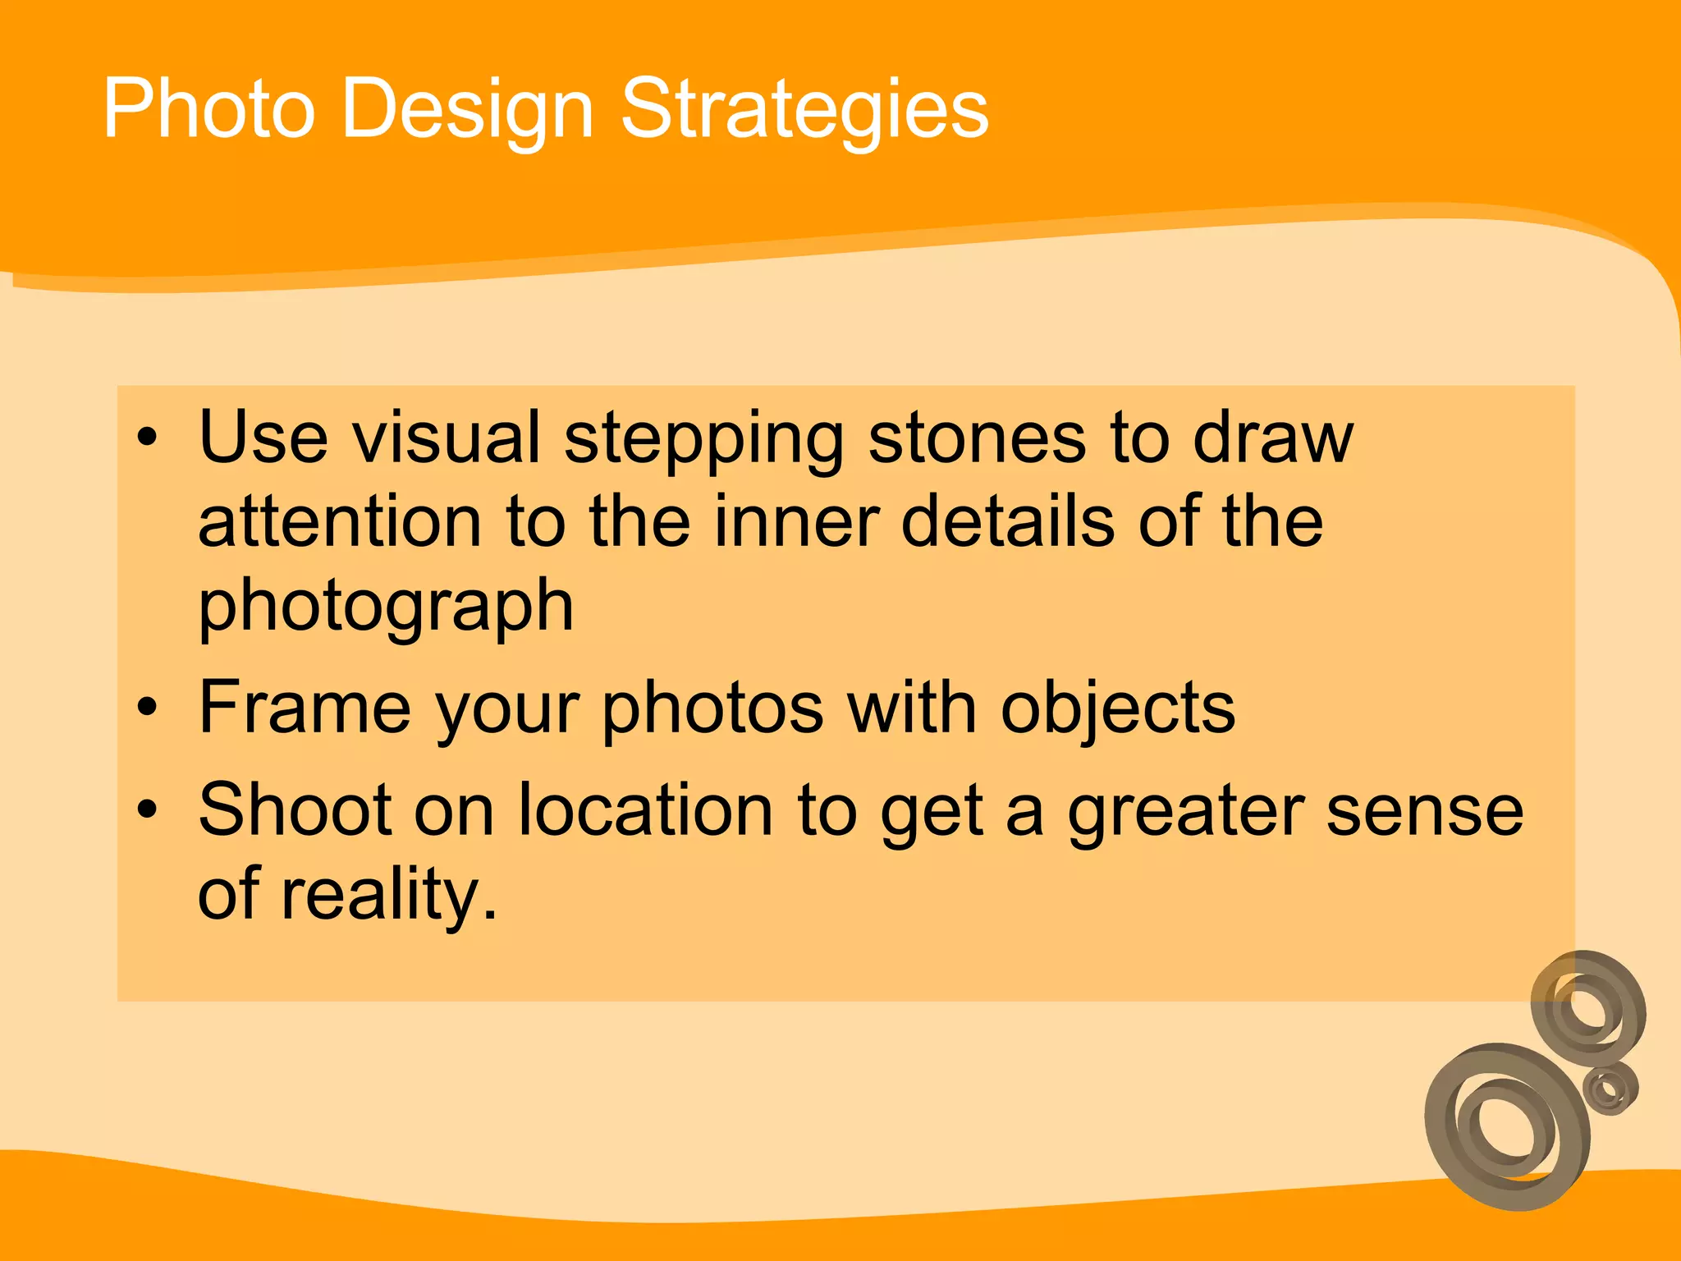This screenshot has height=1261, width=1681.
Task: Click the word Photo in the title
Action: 208,109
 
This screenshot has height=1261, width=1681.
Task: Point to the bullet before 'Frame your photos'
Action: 146,707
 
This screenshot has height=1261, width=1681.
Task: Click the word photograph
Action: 386,608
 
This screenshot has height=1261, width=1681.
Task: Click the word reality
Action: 389,896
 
